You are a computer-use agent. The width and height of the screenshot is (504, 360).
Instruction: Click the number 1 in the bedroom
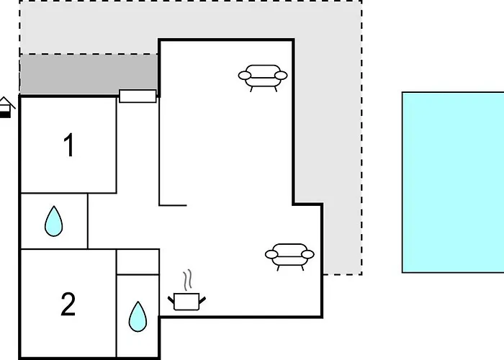[69, 145]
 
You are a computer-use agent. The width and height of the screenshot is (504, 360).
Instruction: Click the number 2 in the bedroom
[68, 304]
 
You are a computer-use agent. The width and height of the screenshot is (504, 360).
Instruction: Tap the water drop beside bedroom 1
[54, 221]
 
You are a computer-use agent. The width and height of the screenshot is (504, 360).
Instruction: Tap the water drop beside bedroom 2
[138, 317]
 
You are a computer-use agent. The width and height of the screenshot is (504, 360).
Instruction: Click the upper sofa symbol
[263, 78]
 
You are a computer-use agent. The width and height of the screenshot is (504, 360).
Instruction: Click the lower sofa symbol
[289, 257]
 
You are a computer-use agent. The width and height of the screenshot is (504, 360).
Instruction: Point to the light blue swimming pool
[453, 182]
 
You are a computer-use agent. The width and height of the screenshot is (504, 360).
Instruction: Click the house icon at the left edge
[6, 107]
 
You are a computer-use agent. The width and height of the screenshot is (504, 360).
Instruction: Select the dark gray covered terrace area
[89, 75]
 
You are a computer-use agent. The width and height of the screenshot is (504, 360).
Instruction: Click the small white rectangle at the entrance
[138, 96]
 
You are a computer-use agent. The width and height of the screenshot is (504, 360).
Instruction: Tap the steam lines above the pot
[188, 279]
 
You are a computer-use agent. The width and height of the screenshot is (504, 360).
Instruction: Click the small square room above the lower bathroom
[138, 261]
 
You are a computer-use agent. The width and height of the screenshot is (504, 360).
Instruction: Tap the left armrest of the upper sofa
[245, 76]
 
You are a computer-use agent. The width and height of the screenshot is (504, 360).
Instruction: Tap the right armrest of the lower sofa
[307, 254]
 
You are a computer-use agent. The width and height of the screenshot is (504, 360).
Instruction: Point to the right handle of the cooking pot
[202, 300]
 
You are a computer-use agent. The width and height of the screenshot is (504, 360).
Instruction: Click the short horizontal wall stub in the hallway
[173, 204]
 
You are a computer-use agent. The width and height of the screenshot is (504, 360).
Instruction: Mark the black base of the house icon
[5, 114]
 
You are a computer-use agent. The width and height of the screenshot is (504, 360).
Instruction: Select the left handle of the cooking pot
[171, 300]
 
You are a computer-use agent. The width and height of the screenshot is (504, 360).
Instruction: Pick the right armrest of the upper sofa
[281, 76]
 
